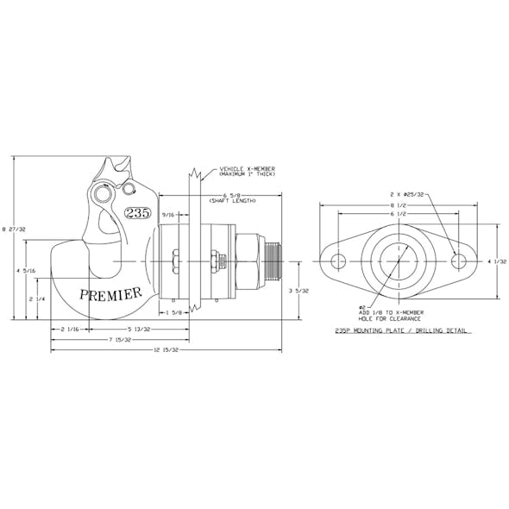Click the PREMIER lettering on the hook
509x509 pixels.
[x=110, y=294]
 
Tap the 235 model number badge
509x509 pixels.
[x=137, y=213]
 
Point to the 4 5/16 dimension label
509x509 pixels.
[x=29, y=272]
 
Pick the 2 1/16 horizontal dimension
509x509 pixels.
[x=72, y=330]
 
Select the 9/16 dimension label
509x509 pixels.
[x=168, y=215]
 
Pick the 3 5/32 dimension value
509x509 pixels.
[x=297, y=291]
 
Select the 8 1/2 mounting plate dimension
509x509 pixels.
[x=398, y=205]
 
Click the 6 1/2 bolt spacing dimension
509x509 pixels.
[x=398, y=215]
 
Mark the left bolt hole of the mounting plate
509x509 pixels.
[x=337, y=261]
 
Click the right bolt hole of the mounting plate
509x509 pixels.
[x=459, y=261]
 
